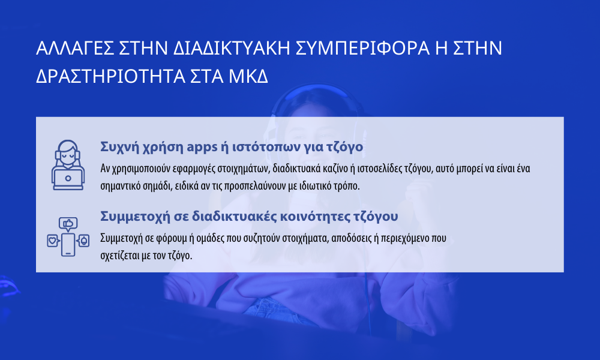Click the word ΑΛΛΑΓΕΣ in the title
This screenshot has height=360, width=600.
tap(74, 48)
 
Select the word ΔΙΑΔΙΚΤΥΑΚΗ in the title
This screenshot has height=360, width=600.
tap(231, 48)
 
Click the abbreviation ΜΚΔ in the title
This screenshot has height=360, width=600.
tap(248, 77)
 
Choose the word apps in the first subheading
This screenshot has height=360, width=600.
tap(202, 148)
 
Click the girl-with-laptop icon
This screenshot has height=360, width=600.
tap(68, 165)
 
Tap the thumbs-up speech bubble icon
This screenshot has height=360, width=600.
tap(68, 224)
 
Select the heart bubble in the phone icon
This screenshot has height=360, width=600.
tap(53, 241)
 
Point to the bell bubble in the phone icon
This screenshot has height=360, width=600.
tap(83, 241)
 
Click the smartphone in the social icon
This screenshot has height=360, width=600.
tap(68, 245)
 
